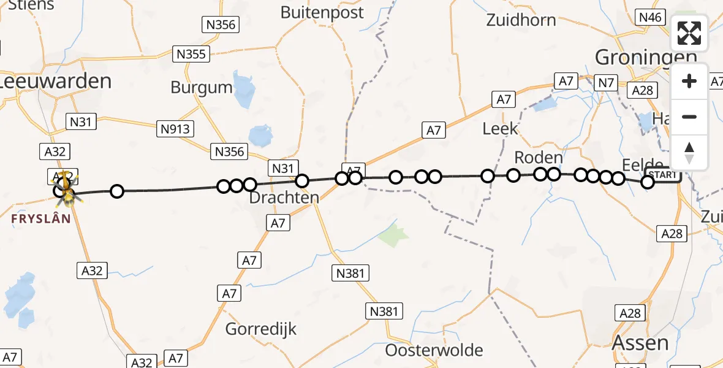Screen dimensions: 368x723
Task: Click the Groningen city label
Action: click(646, 58)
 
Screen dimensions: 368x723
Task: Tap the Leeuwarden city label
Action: click(56, 81)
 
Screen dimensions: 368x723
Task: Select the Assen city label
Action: click(640, 342)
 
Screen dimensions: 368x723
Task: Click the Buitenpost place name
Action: click(322, 12)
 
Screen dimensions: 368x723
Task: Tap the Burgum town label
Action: click(202, 87)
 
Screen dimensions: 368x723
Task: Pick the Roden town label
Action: click(538, 158)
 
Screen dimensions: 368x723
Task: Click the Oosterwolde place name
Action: click(434, 350)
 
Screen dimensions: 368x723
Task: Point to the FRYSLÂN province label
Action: click(41, 218)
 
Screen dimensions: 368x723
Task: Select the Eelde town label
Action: click(642, 164)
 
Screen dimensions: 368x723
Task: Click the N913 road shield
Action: click(176, 129)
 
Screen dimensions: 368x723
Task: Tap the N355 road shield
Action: click(191, 54)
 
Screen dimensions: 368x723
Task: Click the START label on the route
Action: click(663, 175)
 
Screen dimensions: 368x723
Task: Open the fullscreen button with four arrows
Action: click(689, 33)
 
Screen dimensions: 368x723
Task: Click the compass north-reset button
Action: click(689, 153)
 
